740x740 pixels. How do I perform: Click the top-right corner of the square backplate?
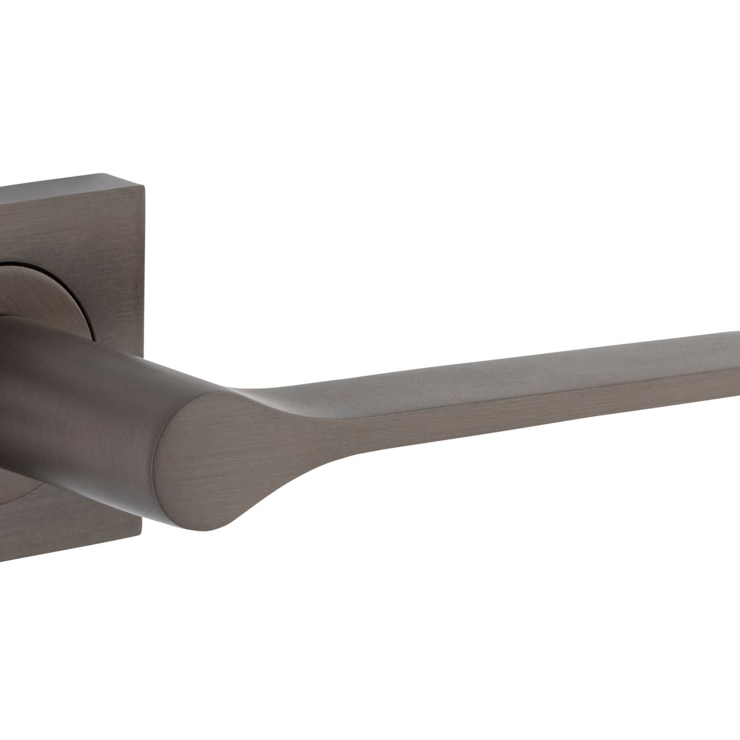click(x=144, y=183)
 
